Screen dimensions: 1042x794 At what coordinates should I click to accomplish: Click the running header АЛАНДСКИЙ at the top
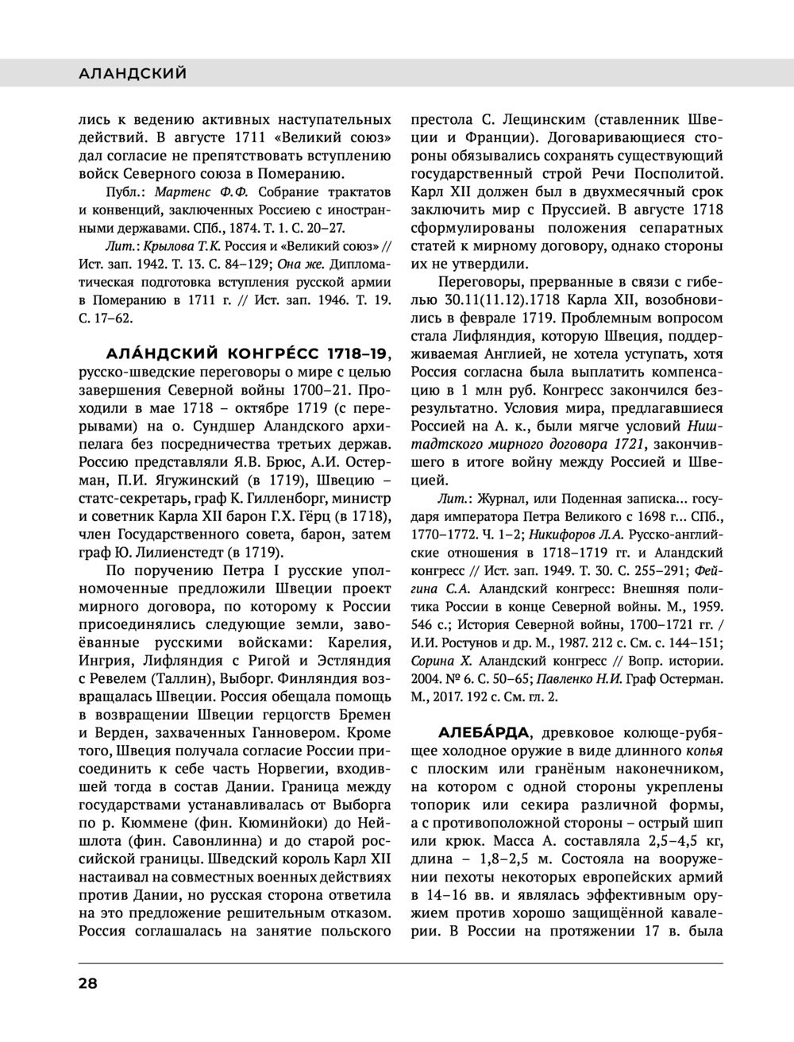tap(133, 74)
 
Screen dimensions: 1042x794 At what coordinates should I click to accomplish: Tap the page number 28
tap(87, 982)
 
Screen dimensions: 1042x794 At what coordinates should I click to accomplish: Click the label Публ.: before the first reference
tap(127, 192)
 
